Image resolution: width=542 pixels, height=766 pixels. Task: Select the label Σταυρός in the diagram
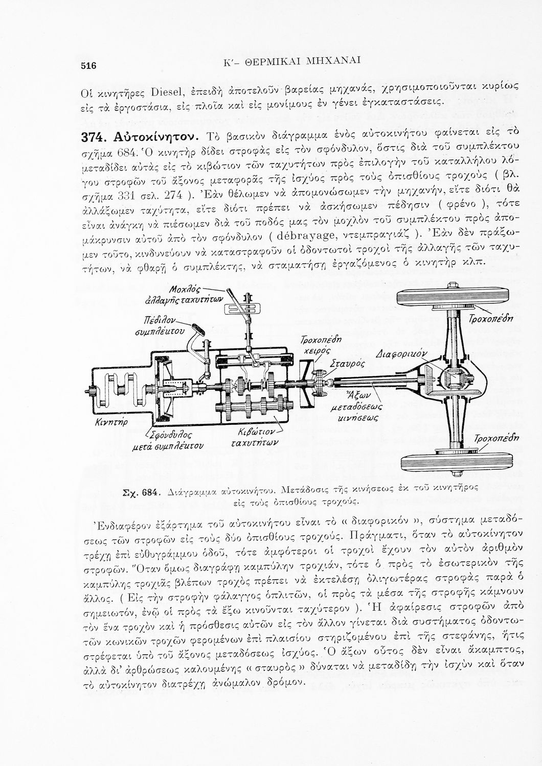347,364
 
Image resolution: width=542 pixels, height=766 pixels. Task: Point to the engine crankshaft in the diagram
122,390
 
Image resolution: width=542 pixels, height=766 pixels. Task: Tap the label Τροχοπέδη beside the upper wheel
491,319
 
